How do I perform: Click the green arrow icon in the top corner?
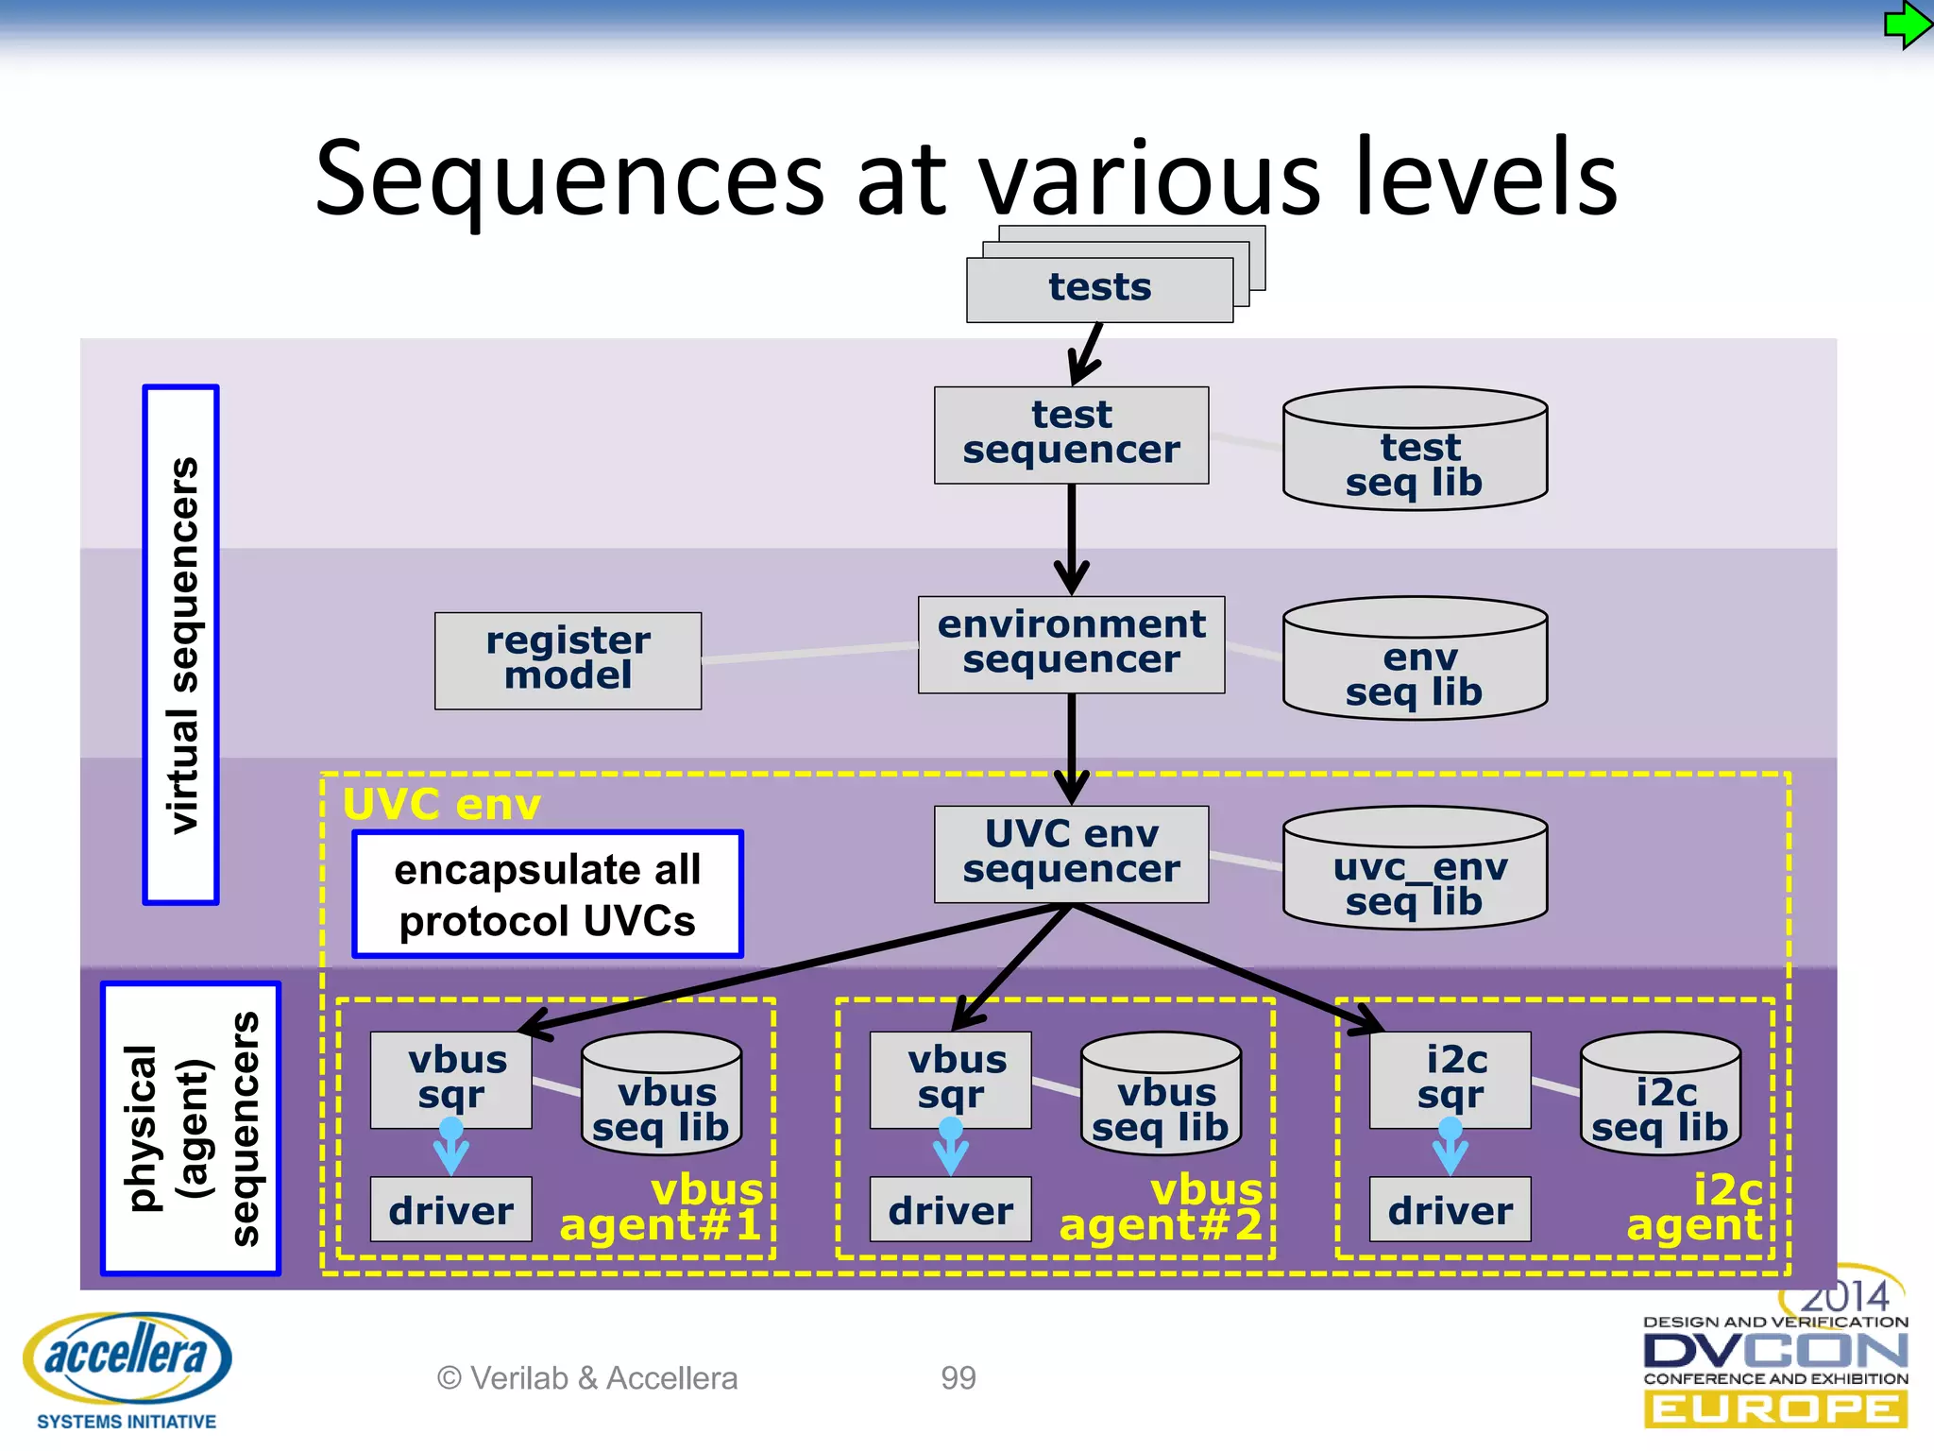pyautogui.click(x=1907, y=26)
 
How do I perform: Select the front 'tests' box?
pyautogui.click(x=1099, y=289)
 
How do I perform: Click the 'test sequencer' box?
pyautogui.click(x=1071, y=435)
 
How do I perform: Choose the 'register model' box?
pyautogui.click(x=568, y=659)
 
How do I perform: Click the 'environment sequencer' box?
pyautogui.click(x=1071, y=643)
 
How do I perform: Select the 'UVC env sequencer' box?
pyautogui.click(x=1071, y=853)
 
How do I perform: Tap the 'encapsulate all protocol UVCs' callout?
pyautogui.click(x=548, y=894)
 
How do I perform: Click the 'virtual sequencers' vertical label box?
pyautogui.click(x=181, y=644)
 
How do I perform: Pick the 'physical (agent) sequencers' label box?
pyautogui.click(x=191, y=1128)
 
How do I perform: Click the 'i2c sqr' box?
pyautogui.click(x=1450, y=1079)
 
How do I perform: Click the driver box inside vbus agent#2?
pyautogui.click(x=950, y=1209)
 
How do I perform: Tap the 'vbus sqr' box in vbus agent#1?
pyautogui.click(x=450, y=1079)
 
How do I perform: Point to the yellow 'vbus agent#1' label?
pyautogui.click(x=661, y=1208)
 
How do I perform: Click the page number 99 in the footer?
pyautogui.click(x=958, y=1378)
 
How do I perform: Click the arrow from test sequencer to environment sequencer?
pyautogui.click(x=1071, y=538)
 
